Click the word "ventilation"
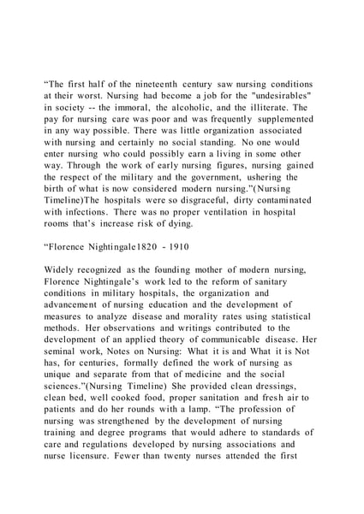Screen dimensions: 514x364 click(225, 220)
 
